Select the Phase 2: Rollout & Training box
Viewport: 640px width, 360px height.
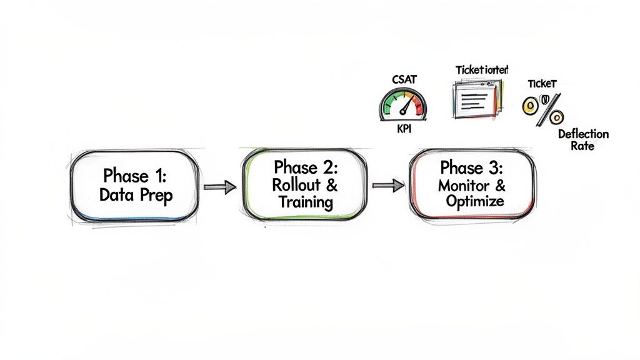(x=305, y=185)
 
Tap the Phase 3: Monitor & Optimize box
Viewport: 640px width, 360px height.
(x=472, y=185)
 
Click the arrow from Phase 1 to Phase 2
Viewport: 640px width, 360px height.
(x=220, y=186)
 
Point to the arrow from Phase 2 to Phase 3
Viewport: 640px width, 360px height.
(x=387, y=185)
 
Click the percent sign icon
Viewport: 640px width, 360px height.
(x=542, y=109)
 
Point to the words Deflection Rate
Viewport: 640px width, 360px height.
(x=582, y=140)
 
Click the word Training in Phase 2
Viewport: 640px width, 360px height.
(x=306, y=202)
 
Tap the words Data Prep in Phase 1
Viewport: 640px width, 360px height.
(x=136, y=194)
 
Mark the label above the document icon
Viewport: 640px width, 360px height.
(x=481, y=69)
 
